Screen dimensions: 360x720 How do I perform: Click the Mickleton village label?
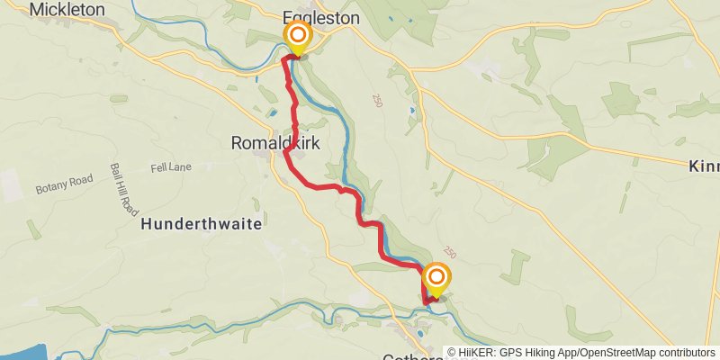67,10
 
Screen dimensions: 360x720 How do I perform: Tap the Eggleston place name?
320,18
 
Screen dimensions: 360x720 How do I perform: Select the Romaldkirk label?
275,143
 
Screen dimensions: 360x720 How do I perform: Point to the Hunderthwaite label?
202,225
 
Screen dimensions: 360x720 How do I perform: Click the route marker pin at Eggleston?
297,37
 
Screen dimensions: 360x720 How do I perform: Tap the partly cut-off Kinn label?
703,166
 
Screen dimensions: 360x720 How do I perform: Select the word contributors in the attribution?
687,353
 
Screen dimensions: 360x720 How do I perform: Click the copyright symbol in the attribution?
452,353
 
